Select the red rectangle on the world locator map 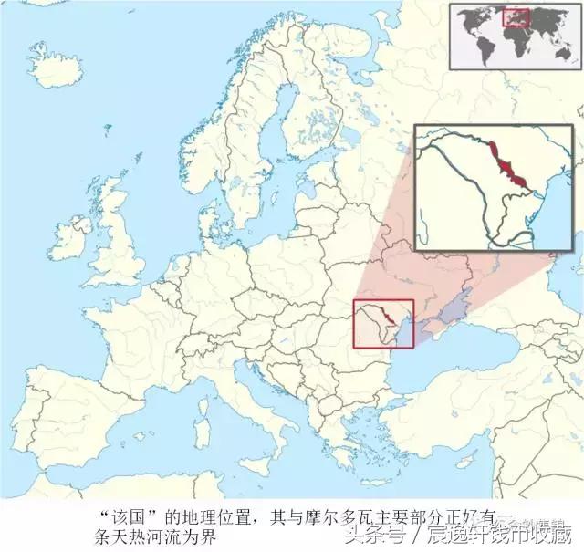click(x=517, y=17)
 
